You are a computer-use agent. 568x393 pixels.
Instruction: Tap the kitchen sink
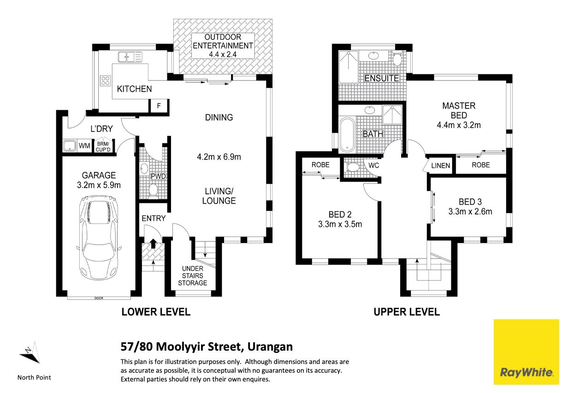(x=130, y=57)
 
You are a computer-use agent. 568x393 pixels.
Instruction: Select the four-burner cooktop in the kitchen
(x=105, y=81)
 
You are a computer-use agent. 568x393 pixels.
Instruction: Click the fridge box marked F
(x=159, y=106)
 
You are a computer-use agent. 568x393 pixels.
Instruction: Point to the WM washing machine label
(x=84, y=146)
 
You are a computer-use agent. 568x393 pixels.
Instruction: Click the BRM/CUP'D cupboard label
(x=103, y=147)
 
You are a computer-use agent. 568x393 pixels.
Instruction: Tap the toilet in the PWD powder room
(x=153, y=189)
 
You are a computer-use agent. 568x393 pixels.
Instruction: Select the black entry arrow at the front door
(x=153, y=243)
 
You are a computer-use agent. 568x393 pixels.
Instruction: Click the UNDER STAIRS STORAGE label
(x=192, y=276)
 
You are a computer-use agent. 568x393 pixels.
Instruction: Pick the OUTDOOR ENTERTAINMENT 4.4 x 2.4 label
(x=223, y=46)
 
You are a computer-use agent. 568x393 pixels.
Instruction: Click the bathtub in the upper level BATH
(x=347, y=134)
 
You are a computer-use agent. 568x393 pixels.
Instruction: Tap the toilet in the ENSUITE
(x=397, y=58)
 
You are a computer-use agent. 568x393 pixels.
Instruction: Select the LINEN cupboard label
(x=440, y=165)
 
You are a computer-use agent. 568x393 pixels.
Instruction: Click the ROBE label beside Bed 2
(x=320, y=165)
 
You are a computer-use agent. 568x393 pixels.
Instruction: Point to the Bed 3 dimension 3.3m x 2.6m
(x=470, y=211)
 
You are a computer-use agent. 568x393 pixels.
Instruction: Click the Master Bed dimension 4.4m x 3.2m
(x=459, y=125)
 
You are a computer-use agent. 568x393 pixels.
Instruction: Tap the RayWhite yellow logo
(x=526, y=352)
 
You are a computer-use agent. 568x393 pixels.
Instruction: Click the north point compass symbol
(x=31, y=353)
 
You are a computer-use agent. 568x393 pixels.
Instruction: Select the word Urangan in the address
(x=270, y=347)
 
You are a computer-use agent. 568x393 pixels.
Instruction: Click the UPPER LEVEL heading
(x=407, y=311)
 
